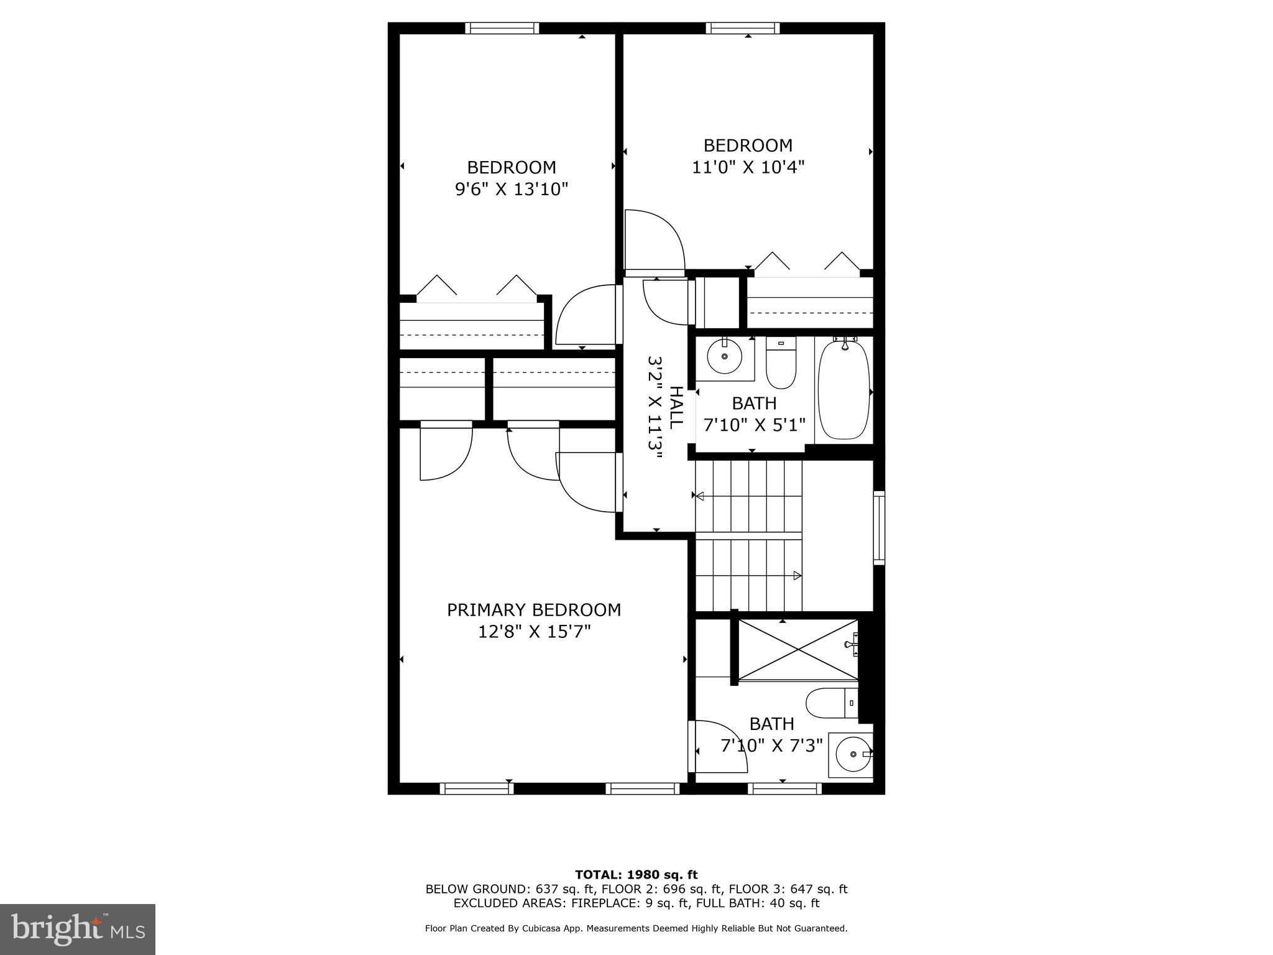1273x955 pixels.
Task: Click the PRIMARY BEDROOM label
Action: coord(534,610)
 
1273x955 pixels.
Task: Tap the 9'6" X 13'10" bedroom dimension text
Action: coord(512,189)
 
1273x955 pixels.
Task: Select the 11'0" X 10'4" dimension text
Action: coord(748,167)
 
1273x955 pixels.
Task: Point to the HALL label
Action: coord(676,407)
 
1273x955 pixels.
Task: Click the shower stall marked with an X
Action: coord(798,650)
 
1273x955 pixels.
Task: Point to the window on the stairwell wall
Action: coord(879,528)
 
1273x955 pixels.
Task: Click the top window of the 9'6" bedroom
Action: coord(502,28)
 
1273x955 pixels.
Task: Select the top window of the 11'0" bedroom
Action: coord(742,28)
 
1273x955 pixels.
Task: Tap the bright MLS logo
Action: coord(78,928)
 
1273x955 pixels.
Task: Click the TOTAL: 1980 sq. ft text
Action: coord(636,875)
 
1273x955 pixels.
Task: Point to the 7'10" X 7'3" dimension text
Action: coord(771,745)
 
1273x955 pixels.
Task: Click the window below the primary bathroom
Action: coord(784,788)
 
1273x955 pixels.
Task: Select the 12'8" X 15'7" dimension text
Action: coord(534,632)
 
